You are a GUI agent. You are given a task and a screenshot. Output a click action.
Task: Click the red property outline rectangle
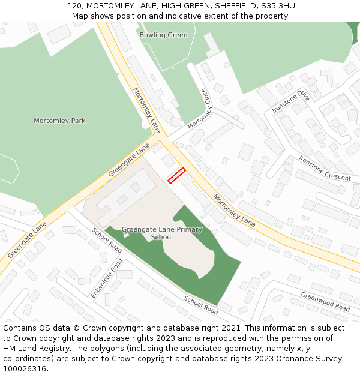point(176,176)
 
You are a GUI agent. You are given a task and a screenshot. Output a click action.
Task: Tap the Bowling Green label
point(163,35)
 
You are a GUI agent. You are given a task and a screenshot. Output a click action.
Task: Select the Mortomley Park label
point(59,121)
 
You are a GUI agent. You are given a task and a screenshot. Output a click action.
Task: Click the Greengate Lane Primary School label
point(162,233)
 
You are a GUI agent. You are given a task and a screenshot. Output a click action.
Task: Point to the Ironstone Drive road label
point(290,102)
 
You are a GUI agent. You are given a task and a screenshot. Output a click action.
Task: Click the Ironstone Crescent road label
point(325,169)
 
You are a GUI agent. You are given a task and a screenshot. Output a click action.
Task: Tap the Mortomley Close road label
point(200,109)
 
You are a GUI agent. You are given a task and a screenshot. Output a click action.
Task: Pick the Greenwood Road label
point(325,302)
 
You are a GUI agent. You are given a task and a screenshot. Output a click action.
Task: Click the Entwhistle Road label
point(107,278)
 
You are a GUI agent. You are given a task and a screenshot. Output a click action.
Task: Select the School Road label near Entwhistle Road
point(107,241)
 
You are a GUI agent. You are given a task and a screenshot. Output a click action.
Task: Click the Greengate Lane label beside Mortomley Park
point(129,159)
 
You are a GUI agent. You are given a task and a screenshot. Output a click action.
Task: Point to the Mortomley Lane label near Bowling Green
point(147,110)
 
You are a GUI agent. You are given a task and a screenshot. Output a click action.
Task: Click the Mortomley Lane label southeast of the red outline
point(234,210)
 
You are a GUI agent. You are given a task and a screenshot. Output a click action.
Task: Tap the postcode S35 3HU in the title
point(275,6)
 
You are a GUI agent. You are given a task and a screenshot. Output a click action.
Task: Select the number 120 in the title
point(74,6)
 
